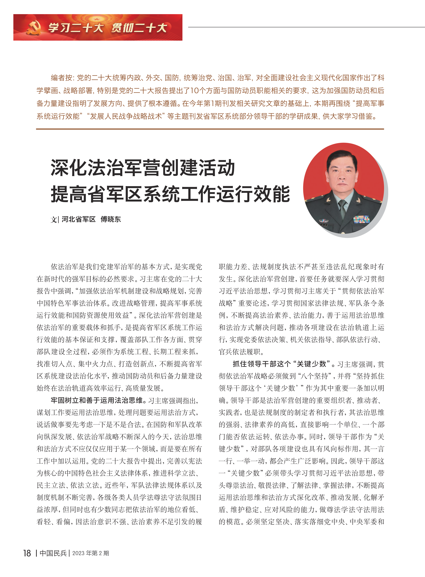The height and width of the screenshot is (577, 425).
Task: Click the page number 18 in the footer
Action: pyautogui.click(x=27, y=553)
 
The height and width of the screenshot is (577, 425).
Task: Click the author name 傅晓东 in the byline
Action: pyautogui.click(x=111, y=219)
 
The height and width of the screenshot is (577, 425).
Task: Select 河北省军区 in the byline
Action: pyautogui.click(x=78, y=219)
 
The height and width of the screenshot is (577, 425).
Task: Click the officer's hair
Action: pyautogui.click(x=342, y=156)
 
